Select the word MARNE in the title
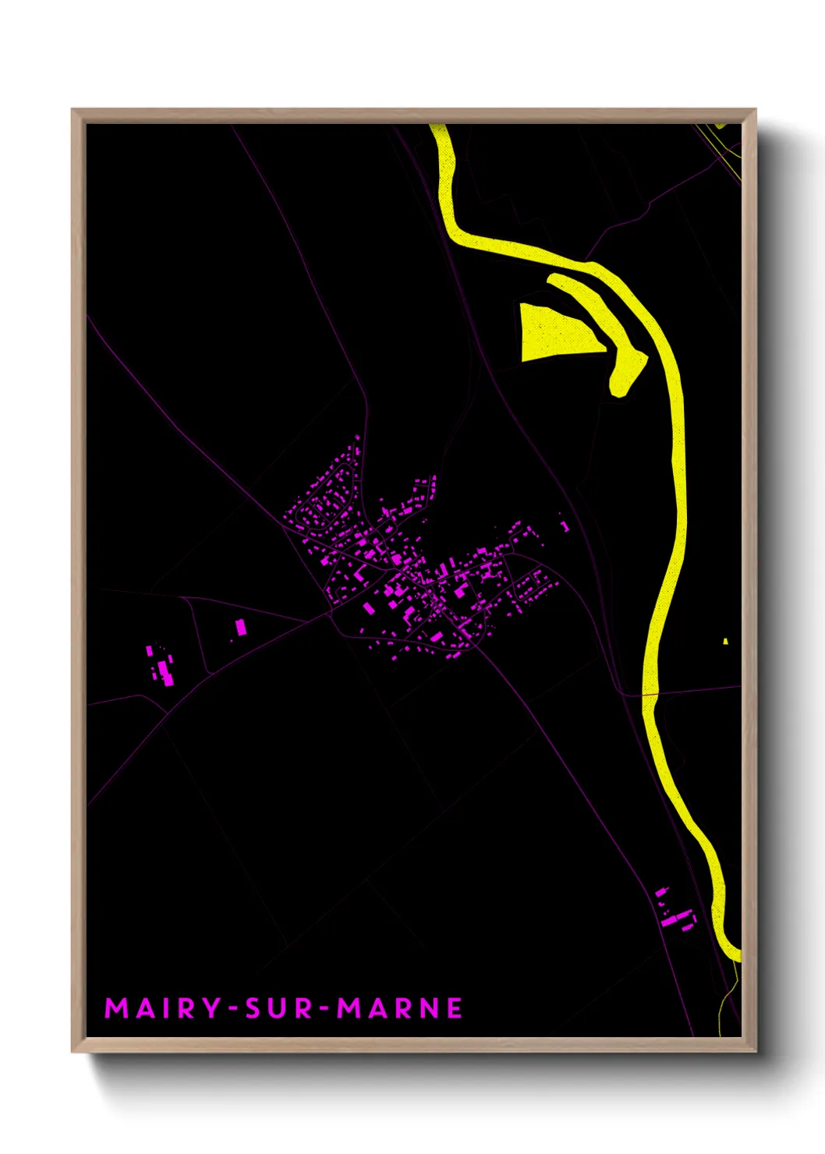click(399, 1008)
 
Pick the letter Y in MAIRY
click(211, 1008)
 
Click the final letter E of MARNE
click(455, 1008)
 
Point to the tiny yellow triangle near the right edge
click(725, 642)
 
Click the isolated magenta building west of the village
click(241, 627)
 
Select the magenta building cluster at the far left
click(162, 667)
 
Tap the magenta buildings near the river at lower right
click(675, 912)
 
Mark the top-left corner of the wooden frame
click(73, 110)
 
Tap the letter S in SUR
click(253, 1008)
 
